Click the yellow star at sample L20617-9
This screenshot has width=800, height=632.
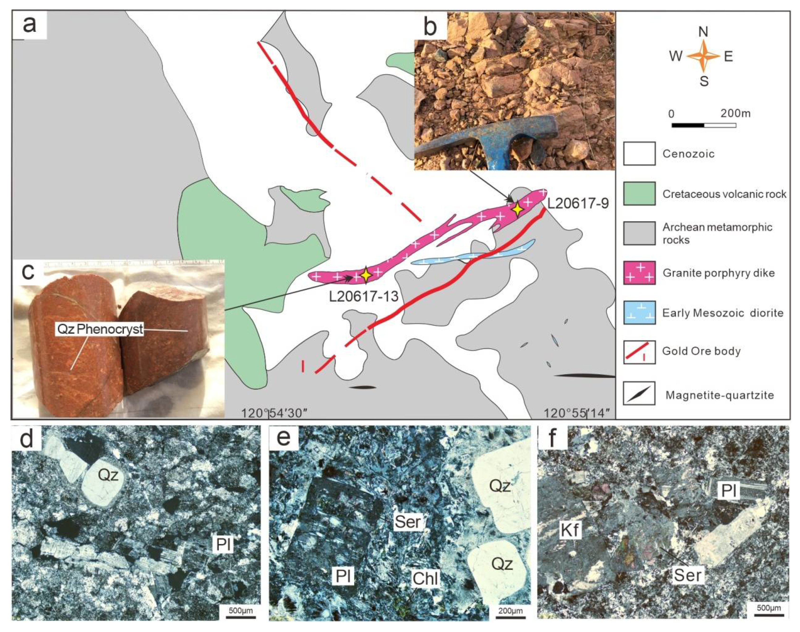(517, 209)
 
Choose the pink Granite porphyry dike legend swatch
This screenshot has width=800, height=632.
(639, 273)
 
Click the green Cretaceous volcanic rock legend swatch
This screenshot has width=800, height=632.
(639, 193)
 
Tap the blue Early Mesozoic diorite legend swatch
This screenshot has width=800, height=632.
(639, 313)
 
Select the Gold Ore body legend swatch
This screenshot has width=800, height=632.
(639, 352)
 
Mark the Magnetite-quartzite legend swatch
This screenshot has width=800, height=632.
(639, 393)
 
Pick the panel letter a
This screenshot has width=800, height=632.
(30, 25)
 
